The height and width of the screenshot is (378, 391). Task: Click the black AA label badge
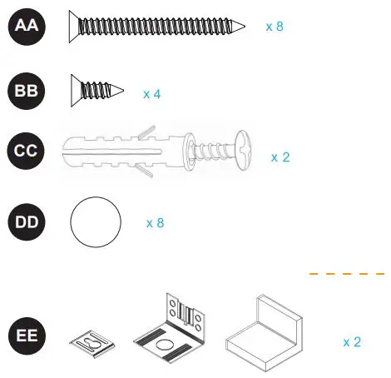[27, 27]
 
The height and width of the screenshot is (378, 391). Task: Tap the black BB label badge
[27, 92]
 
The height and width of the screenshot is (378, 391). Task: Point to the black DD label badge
[27, 222]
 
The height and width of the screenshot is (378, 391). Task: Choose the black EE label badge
[27, 338]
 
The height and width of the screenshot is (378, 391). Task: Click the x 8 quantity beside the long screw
[275, 27]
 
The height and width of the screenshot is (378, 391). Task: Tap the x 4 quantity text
[151, 94]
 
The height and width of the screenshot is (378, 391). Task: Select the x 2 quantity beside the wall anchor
[280, 157]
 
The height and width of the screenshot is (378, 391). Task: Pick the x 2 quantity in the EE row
[352, 341]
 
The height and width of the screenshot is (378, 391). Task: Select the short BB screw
[97, 87]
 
